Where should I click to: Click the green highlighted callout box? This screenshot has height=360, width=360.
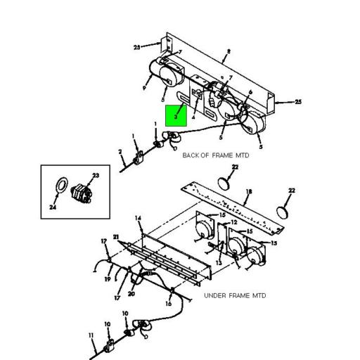click(x=175, y=115)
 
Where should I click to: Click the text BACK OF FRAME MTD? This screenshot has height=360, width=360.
click(x=215, y=155)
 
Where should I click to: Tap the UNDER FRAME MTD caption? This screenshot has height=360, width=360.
click(x=235, y=296)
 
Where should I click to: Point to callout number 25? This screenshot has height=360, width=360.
click(x=298, y=102)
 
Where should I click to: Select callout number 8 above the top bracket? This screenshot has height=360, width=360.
click(x=229, y=52)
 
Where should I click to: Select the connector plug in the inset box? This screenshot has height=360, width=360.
click(x=83, y=192)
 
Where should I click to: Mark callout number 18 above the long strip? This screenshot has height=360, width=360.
click(x=249, y=191)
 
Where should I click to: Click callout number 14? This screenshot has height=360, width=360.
click(x=139, y=220)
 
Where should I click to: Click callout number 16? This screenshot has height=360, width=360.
click(x=169, y=304)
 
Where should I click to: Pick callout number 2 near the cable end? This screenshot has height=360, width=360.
click(x=120, y=152)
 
